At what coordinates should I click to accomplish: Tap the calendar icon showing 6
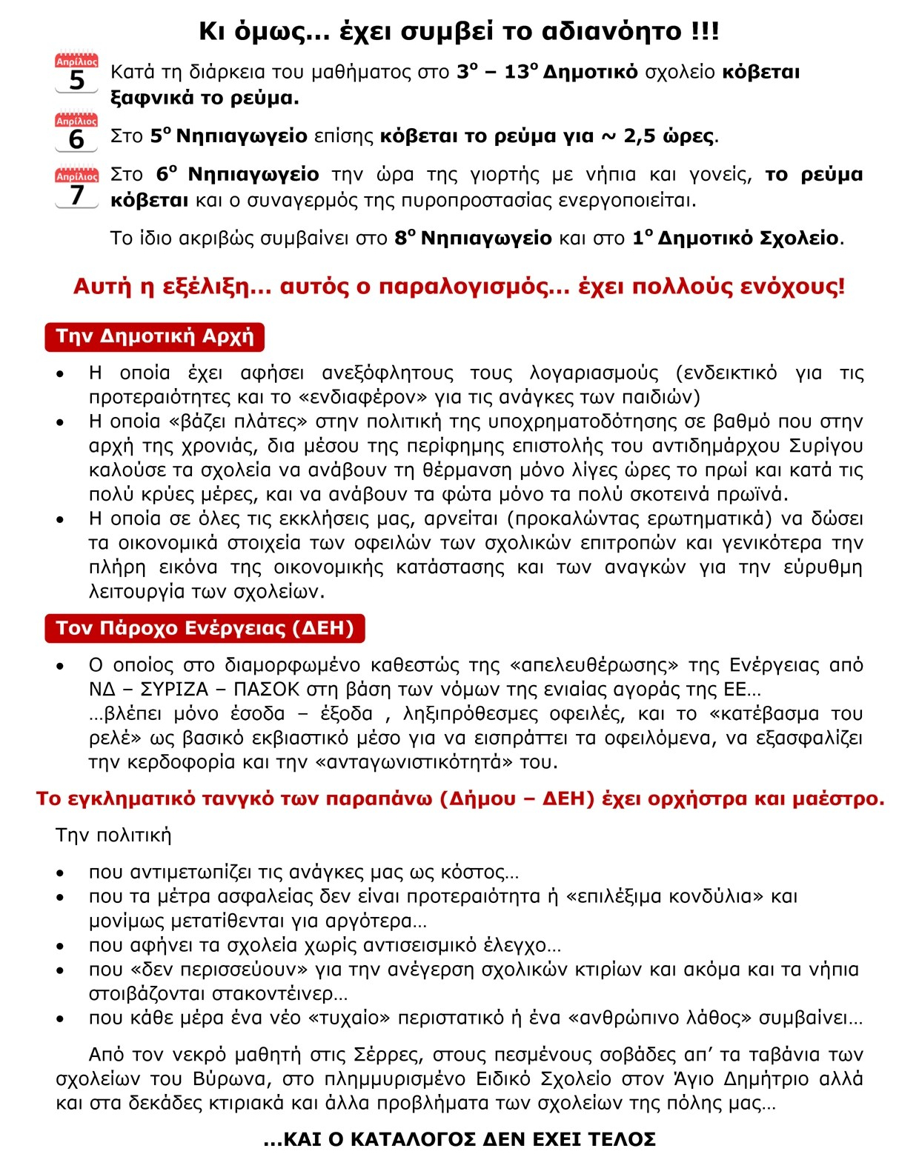point(76,133)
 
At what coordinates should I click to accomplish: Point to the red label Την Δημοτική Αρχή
point(154,336)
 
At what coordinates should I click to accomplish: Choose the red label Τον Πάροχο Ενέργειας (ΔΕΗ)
point(205,628)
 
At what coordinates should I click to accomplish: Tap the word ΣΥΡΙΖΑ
point(174,690)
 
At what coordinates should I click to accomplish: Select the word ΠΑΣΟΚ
point(267,690)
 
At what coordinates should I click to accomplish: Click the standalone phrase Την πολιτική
point(113,836)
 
